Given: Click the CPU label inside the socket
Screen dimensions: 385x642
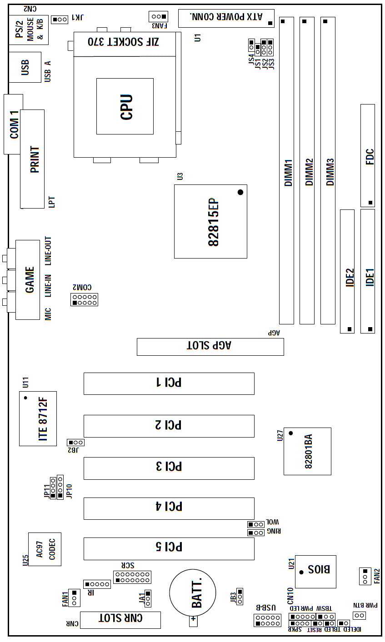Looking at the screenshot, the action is tap(126, 107).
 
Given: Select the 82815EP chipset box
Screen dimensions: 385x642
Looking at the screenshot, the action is tap(211, 222).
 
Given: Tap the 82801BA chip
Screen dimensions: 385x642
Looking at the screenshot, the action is tap(307, 452).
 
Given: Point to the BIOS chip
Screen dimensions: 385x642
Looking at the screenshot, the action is tap(315, 572).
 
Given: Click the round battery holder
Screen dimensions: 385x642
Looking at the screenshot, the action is tap(192, 592).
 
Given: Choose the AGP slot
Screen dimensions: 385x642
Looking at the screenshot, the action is tap(210, 347).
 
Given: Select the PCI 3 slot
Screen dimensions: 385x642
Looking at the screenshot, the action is tap(169, 468).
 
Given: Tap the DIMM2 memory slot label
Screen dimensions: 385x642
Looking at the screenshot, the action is tap(309, 172).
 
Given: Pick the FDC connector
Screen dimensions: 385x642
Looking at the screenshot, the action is tap(368, 156).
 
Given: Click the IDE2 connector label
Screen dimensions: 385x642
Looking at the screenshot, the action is tap(350, 278).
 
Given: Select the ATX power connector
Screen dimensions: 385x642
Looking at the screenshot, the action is tap(226, 18).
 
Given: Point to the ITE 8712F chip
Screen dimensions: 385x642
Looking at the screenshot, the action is tap(38, 419).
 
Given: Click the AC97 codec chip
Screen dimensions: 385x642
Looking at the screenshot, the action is tap(45, 549).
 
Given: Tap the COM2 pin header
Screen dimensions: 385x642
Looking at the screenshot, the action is tap(84, 299).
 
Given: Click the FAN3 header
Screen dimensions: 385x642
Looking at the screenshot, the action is tap(158, 17).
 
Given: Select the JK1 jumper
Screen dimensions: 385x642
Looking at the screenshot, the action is tap(60, 20).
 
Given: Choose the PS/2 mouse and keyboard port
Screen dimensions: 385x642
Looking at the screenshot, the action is tap(29, 30).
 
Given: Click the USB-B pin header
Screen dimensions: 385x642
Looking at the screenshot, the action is tap(267, 620).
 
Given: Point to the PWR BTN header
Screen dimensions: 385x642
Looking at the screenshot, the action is tap(359, 615).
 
